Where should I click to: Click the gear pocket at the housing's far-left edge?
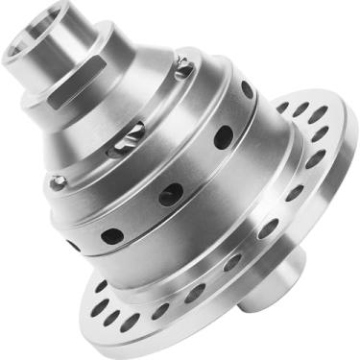tap(60, 181)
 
